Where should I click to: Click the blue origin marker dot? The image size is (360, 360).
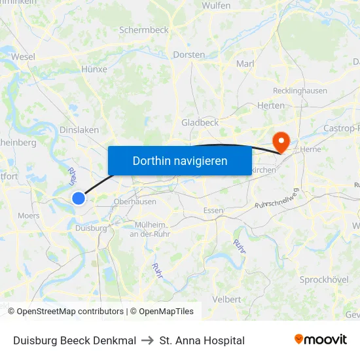79,198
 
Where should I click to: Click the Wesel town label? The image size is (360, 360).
23,57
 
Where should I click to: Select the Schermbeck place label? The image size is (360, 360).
144,30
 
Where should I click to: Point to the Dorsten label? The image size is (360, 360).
189,55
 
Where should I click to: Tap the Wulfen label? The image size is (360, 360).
217,5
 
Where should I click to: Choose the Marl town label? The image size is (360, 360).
245,63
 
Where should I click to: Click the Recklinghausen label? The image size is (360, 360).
300,90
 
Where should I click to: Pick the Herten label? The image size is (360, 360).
271,105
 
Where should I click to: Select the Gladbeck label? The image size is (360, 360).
200,122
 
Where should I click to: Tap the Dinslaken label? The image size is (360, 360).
79,130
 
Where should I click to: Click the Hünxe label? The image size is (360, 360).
94,69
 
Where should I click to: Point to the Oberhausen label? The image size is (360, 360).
134,202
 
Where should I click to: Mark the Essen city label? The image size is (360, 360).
213,210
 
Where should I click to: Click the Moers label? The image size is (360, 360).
28,215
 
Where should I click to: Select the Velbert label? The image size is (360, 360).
227,299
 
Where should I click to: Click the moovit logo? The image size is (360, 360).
321,340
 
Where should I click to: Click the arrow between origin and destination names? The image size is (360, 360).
148,340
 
